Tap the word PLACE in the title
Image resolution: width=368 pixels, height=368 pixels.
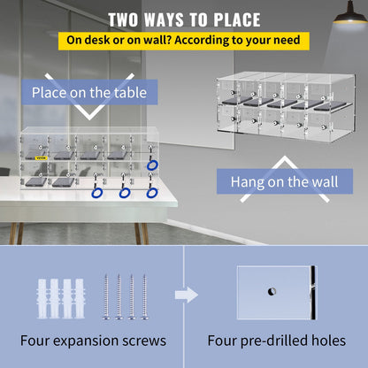coord(232,19)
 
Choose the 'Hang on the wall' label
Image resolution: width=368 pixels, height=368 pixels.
coord(278,181)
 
